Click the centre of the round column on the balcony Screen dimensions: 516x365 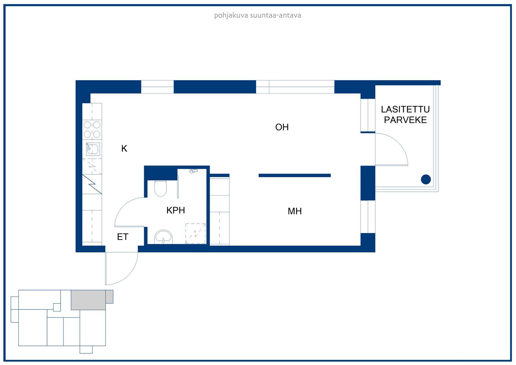[426, 179]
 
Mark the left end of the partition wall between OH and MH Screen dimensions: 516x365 [259, 176]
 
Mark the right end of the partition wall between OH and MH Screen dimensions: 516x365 [331, 176]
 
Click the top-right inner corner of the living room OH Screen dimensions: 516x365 [361, 93]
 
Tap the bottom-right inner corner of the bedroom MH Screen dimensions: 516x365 [361, 246]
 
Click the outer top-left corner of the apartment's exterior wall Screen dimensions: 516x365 [76, 80]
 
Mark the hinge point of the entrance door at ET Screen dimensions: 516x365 [106, 252]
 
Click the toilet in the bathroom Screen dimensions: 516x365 [160, 188]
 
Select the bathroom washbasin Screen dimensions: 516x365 [163, 237]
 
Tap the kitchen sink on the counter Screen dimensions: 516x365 [93, 149]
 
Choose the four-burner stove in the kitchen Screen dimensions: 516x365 [92, 129]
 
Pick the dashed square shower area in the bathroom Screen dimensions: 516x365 [195, 233]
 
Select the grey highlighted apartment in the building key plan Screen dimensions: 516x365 [88, 300]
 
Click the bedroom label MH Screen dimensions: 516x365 [295, 211]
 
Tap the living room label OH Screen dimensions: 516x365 [282, 127]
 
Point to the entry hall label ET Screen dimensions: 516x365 [123, 237]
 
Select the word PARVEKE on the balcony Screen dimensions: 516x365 [405, 120]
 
